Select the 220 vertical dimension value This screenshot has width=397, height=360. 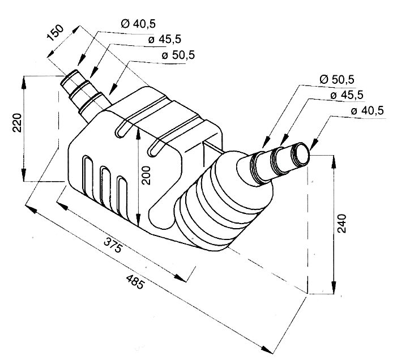pos(16,122)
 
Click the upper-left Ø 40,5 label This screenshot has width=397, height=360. pos(139,23)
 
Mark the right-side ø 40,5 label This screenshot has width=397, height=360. pos(367,111)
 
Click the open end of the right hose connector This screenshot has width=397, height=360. pos(303,153)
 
